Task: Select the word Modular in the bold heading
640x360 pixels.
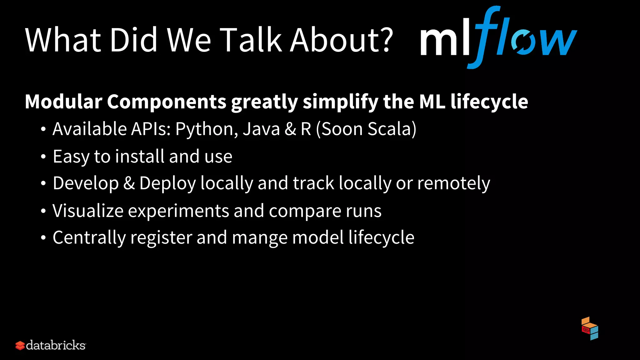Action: [x=64, y=102]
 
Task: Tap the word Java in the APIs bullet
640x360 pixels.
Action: [x=261, y=129]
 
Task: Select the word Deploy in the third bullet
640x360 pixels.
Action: [x=167, y=184]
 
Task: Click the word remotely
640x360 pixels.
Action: [x=453, y=183]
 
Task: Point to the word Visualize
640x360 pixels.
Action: [x=88, y=211]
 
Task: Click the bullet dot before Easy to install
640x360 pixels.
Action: [x=43, y=157]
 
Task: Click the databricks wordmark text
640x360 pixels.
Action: [x=56, y=345]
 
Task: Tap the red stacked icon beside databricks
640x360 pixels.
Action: [x=20, y=346]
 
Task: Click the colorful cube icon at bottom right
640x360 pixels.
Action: [x=590, y=329]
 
